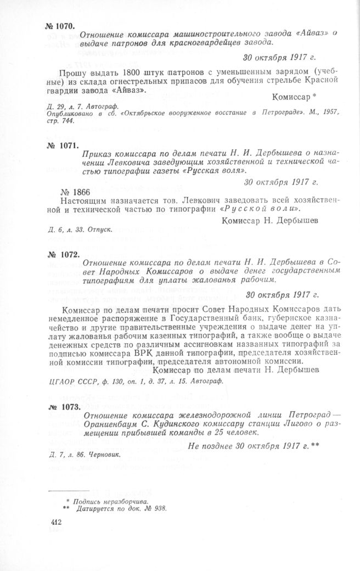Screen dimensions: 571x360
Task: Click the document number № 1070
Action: click(x=59, y=26)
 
